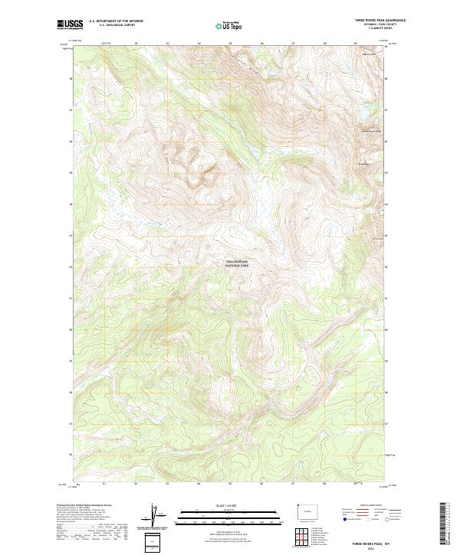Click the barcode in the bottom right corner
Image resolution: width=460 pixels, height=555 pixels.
(x=446, y=521)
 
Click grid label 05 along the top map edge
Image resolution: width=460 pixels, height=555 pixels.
(x=230, y=44)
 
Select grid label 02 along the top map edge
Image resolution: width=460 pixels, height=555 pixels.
(x=135, y=44)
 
